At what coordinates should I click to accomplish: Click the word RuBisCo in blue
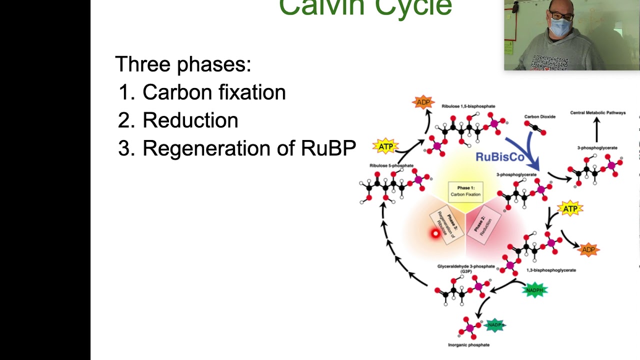(x=499, y=157)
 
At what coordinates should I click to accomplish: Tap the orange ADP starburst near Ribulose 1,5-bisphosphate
(x=423, y=102)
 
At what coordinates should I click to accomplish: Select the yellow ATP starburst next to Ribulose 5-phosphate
(x=385, y=146)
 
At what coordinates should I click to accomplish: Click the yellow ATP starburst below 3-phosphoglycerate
(x=570, y=208)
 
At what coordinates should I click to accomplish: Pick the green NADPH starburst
(x=534, y=290)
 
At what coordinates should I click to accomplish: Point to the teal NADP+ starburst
(x=494, y=325)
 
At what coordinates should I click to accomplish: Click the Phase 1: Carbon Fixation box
(x=465, y=191)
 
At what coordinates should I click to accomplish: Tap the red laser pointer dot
(x=435, y=233)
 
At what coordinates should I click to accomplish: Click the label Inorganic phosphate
(x=468, y=344)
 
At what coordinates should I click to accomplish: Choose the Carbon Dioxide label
(x=539, y=116)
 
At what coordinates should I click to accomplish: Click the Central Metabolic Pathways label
(x=597, y=112)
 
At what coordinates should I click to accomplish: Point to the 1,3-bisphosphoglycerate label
(x=551, y=270)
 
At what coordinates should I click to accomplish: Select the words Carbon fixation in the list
(x=214, y=92)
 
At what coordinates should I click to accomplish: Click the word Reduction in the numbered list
(x=190, y=120)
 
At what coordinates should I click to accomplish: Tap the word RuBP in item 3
(x=328, y=148)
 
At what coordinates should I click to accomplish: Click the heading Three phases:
(x=183, y=64)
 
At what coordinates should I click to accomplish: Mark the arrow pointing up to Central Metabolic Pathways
(x=596, y=129)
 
